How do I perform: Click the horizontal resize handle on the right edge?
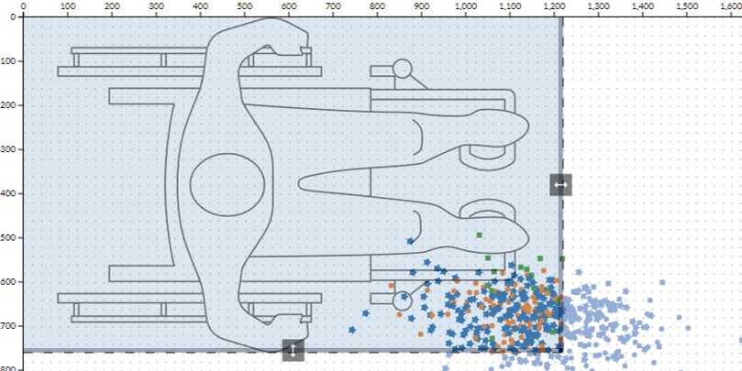click(560, 184)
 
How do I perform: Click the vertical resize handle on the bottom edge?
click(293, 350)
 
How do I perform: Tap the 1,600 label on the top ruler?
click(731, 6)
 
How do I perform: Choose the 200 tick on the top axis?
click(111, 6)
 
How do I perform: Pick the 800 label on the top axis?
click(377, 6)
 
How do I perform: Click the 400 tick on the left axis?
click(8, 193)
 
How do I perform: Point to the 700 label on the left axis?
click(8, 326)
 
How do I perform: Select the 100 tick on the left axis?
click(8, 61)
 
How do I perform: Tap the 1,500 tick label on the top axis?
click(687, 6)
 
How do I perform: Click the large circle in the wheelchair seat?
click(226, 184)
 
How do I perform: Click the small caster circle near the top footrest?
click(402, 69)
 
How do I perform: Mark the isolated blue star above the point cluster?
click(410, 241)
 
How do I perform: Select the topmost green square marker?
click(479, 235)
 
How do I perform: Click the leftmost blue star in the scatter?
click(352, 329)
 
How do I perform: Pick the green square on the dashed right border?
click(561, 259)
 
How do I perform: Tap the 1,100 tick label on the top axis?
click(510, 6)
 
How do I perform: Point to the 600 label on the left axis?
click(8, 282)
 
